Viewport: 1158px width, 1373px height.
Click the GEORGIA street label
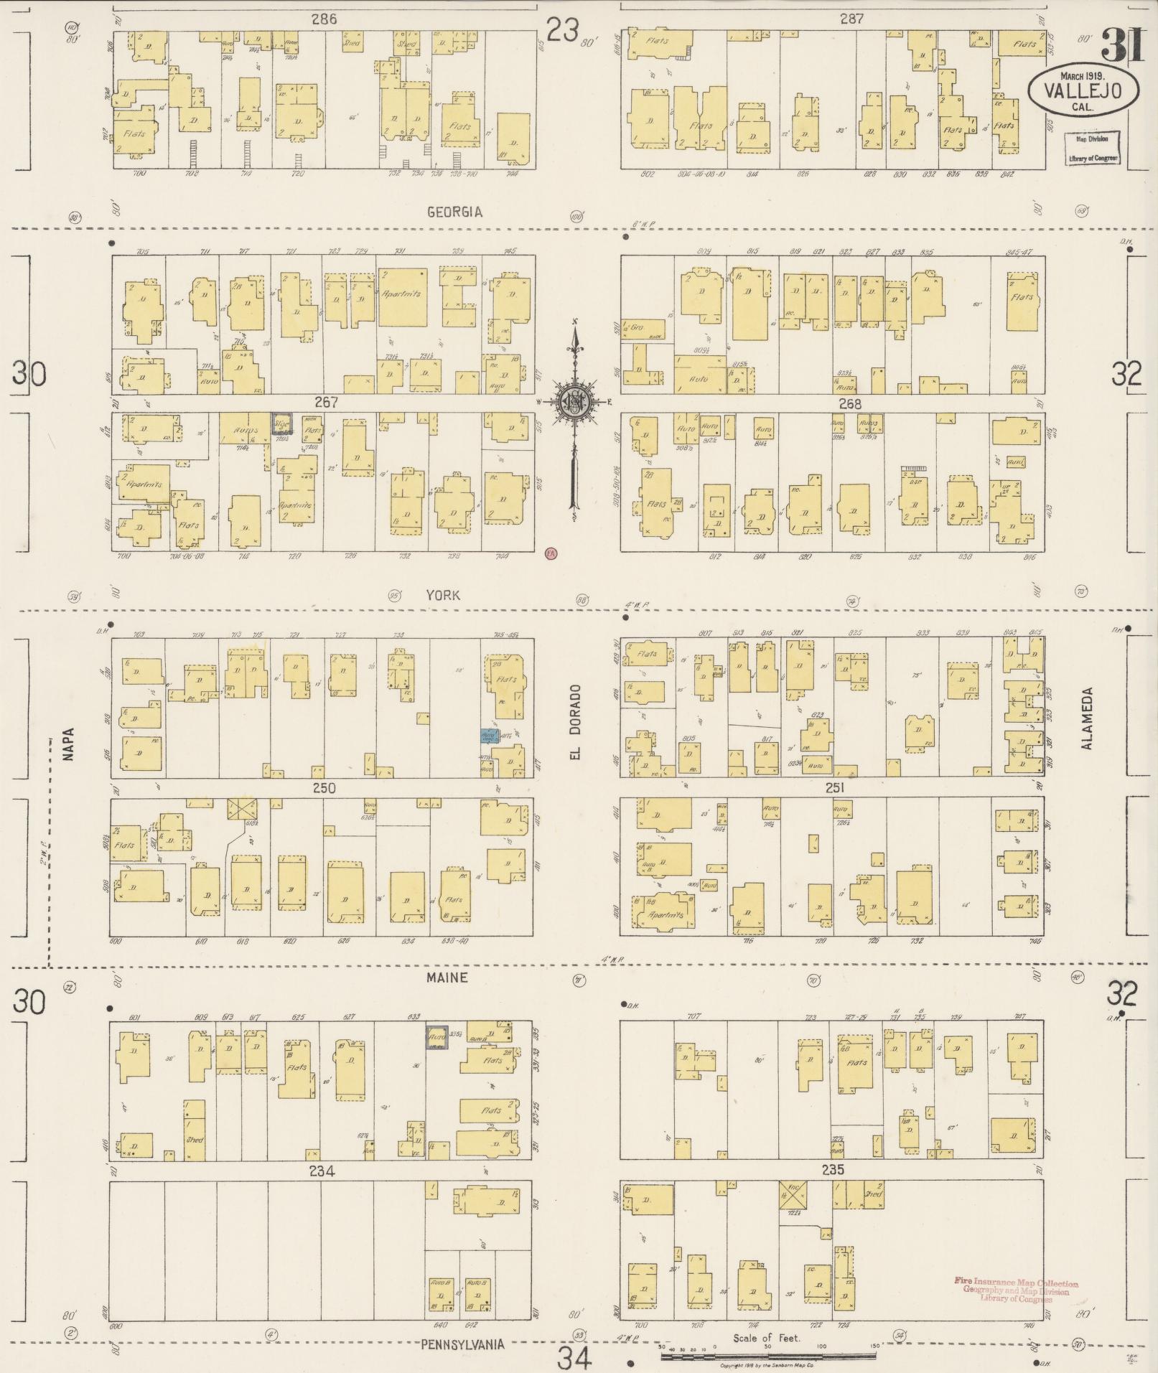click(454, 212)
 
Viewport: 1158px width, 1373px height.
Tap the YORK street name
click(443, 595)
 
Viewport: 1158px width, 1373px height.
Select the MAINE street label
click(447, 978)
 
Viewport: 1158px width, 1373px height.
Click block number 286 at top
click(324, 19)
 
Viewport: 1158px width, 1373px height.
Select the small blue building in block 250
click(490, 736)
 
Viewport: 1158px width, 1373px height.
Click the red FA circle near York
click(551, 553)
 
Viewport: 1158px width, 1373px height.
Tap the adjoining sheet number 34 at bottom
click(576, 1357)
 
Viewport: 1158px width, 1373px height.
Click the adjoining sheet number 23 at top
click(563, 30)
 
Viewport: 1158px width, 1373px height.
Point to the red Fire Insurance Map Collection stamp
click(1015, 1290)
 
